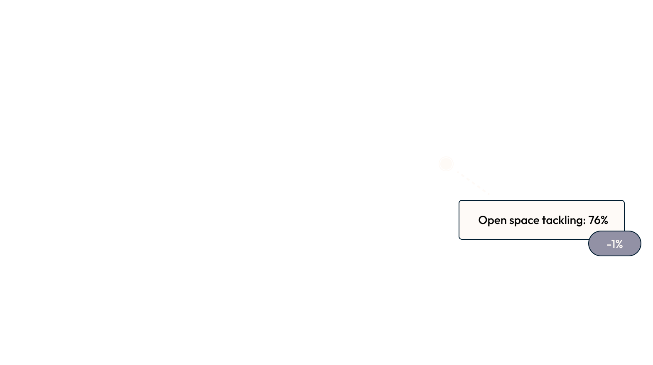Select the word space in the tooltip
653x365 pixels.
[524, 220]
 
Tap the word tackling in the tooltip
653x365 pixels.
[563, 220]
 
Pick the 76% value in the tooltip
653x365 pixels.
[598, 220]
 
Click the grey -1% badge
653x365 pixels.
[614, 244]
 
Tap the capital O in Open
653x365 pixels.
[483, 220]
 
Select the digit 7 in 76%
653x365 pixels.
[591, 220]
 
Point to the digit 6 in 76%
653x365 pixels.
[597, 220]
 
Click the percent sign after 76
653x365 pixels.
[604, 220]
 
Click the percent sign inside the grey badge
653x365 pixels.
[619, 244]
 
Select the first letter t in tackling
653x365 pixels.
[544, 220]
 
